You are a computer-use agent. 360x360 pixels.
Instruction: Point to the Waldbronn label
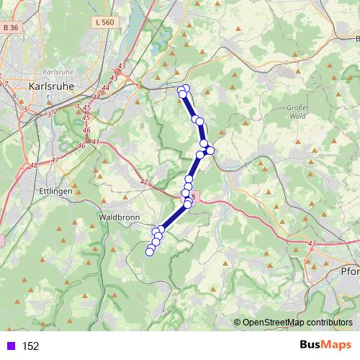coord(116,215)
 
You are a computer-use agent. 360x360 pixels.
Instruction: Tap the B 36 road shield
coord(10,27)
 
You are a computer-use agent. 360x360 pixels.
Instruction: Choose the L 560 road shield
coord(104,23)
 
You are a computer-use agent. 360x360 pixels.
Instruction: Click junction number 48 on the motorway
coord(34,166)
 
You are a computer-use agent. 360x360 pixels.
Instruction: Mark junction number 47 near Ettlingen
coord(55,160)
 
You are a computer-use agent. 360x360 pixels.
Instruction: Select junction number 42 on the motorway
coord(143,182)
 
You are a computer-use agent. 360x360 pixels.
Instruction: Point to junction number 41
coord(94,142)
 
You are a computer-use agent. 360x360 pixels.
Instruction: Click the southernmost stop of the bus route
coord(150,251)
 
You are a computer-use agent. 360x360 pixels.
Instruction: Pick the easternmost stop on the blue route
coord(210,150)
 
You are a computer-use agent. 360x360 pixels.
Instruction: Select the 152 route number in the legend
coord(31,346)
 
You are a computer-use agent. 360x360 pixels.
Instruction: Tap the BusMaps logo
coord(325,345)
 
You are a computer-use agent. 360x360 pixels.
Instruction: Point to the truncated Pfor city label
coord(350,272)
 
